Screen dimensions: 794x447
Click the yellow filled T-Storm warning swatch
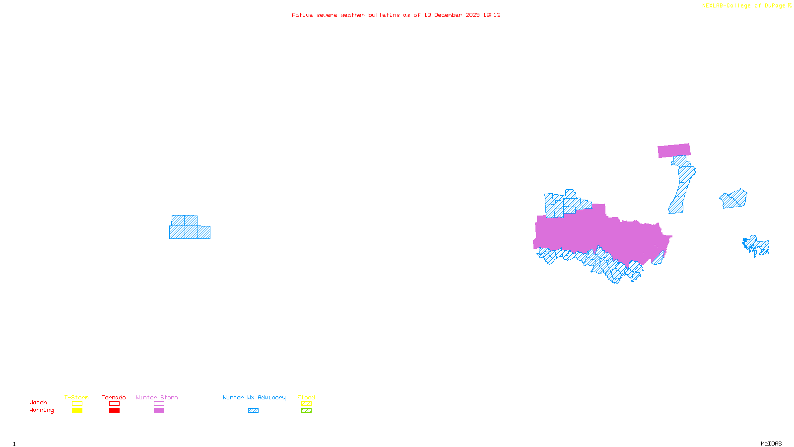click(x=77, y=411)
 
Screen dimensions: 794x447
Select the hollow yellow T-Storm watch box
click(x=77, y=404)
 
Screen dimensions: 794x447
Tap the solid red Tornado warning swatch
click(x=114, y=411)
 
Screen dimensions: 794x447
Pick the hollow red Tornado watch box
click(x=114, y=404)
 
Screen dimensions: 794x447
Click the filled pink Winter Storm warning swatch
click(x=159, y=411)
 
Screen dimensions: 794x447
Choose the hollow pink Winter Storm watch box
click(x=159, y=404)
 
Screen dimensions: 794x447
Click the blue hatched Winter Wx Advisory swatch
click(x=253, y=411)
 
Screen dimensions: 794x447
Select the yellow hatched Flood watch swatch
click(x=306, y=404)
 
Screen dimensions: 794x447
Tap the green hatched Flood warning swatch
click(x=306, y=411)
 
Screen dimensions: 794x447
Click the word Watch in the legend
click(x=38, y=403)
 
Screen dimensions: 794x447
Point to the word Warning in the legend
click(x=41, y=410)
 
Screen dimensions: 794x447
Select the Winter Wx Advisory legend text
click(x=254, y=397)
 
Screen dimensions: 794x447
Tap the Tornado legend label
click(x=114, y=397)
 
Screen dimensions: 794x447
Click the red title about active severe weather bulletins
click(x=396, y=15)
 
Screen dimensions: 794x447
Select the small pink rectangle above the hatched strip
click(x=674, y=150)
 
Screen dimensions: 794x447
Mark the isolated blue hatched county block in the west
click(x=190, y=228)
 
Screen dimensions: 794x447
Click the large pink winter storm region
click(x=595, y=233)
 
